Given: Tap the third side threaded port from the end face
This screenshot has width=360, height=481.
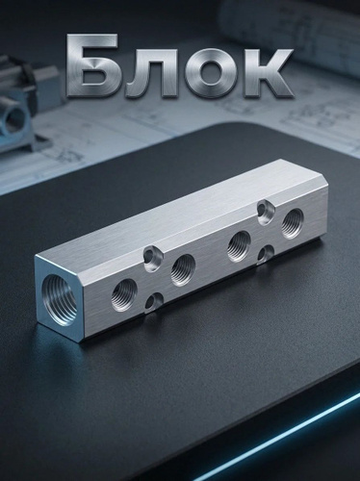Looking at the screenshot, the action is pyautogui.click(x=239, y=245).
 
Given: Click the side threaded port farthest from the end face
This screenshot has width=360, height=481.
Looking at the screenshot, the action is pyautogui.click(x=293, y=223).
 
